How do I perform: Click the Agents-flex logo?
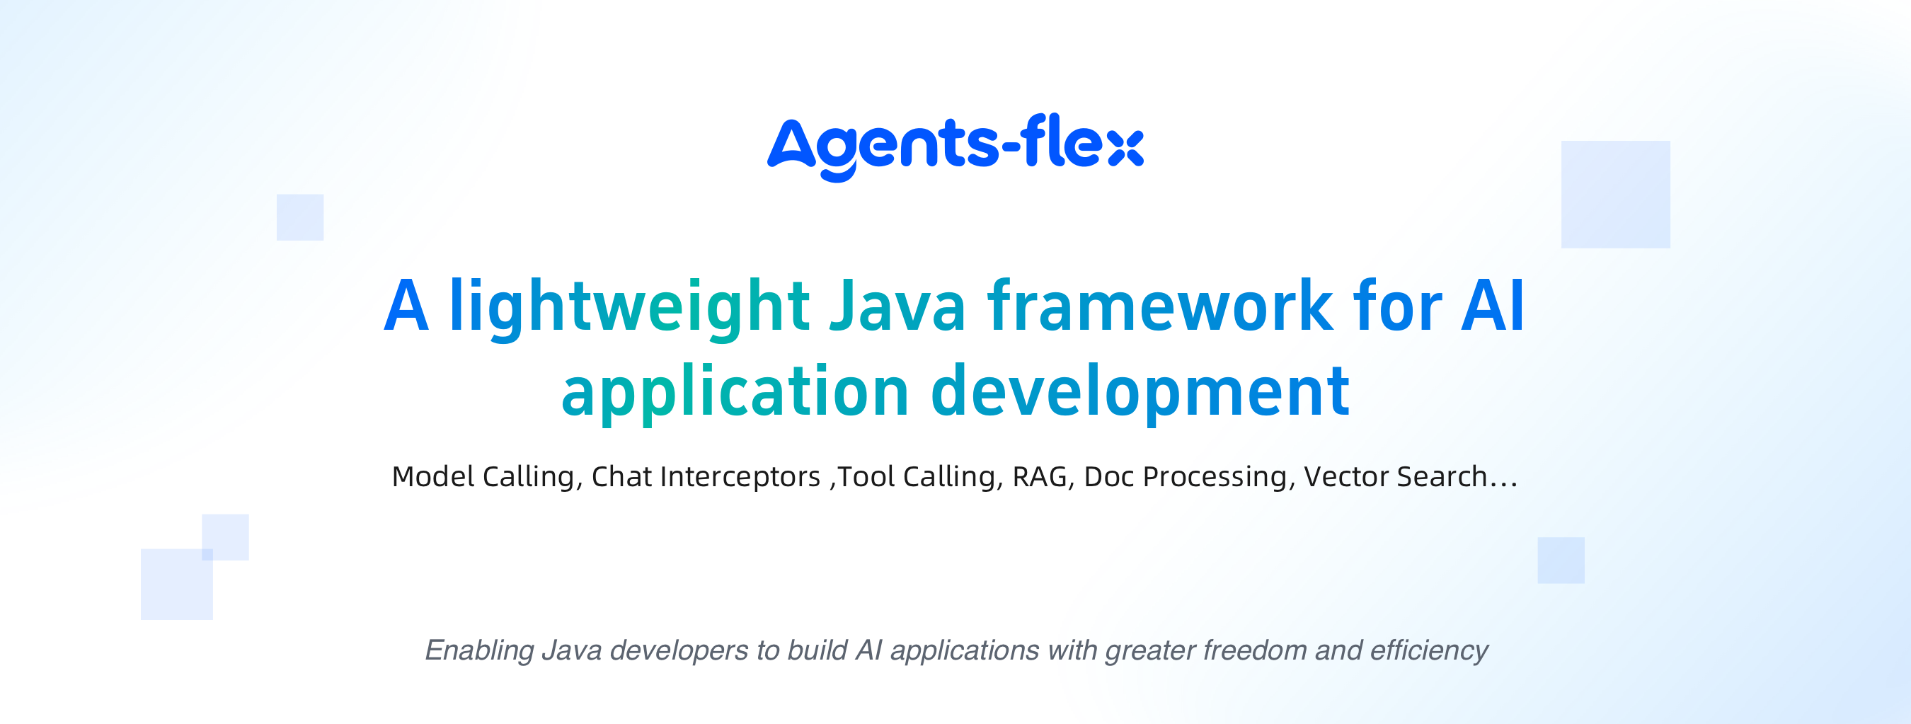click(955, 147)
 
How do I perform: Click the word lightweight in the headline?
click(629, 308)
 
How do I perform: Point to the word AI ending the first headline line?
click(1493, 305)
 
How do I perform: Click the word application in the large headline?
click(735, 393)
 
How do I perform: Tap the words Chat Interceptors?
click(706, 476)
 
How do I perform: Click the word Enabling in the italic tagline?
click(479, 650)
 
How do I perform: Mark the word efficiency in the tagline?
click(1429, 650)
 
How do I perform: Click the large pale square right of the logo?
click(1616, 195)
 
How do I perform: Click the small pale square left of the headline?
click(300, 217)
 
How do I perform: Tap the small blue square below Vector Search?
click(1561, 560)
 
